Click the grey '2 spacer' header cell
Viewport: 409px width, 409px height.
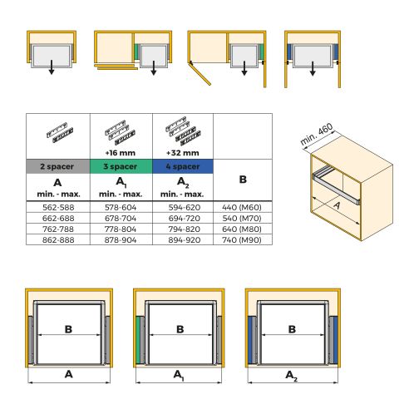pyautogui.click(x=57, y=166)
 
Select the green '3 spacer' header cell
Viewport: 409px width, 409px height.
pyautogui.click(x=121, y=166)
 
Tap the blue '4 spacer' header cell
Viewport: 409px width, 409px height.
pyautogui.click(x=183, y=166)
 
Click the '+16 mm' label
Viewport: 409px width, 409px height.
pyautogui.click(x=121, y=151)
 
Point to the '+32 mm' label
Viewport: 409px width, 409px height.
pyautogui.click(x=183, y=151)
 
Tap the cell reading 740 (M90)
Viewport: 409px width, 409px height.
pyautogui.click(x=243, y=239)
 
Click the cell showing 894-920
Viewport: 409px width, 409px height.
pyautogui.click(x=183, y=239)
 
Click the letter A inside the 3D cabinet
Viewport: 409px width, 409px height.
pyautogui.click(x=338, y=204)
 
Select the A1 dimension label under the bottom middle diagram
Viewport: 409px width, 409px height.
pyautogui.click(x=179, y=376)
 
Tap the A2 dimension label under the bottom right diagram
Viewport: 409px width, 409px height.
pyautogui.click(x=291, y=376)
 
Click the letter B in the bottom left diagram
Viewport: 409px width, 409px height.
pyautogui.click(x=67, y=329)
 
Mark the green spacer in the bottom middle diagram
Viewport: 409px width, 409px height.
pyautogui.click(x=139, y=340)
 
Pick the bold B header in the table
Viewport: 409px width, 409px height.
pyautogui.click(x=243, y=179)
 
